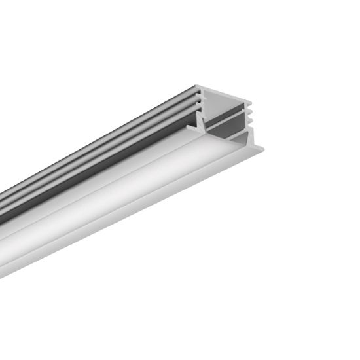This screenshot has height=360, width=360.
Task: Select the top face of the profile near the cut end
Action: pos(190,92)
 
